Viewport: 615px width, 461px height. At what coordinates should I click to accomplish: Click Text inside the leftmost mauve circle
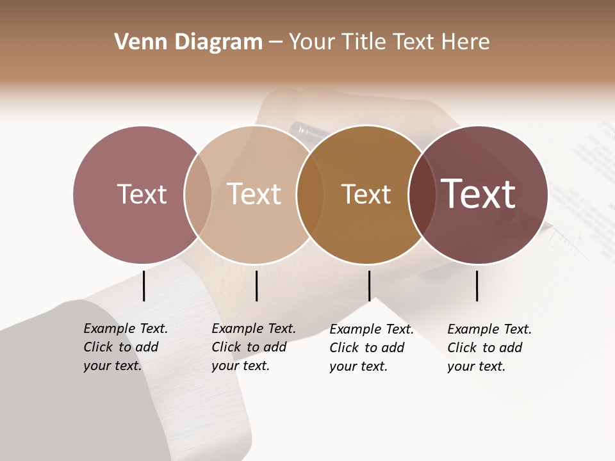point(142,194)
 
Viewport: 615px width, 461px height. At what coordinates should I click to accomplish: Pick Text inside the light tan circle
point(254,194)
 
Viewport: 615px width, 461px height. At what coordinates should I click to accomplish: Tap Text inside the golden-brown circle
point(366,194)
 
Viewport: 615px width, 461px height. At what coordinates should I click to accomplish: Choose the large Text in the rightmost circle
point(479,194)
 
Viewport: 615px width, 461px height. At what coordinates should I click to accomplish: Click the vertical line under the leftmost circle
point(144,286)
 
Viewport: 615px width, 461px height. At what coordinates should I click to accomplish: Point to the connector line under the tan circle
point(256,286)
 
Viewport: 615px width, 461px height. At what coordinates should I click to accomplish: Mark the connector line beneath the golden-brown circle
point(369,286)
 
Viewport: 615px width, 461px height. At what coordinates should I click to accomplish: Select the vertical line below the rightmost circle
point(477,286)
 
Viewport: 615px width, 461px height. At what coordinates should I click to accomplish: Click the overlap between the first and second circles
point(198,194)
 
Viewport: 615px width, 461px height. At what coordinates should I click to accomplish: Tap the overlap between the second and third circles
point(310,194)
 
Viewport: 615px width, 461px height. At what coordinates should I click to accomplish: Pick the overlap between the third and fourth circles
point(422,194)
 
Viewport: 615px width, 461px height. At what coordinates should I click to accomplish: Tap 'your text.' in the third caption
point(358,367)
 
